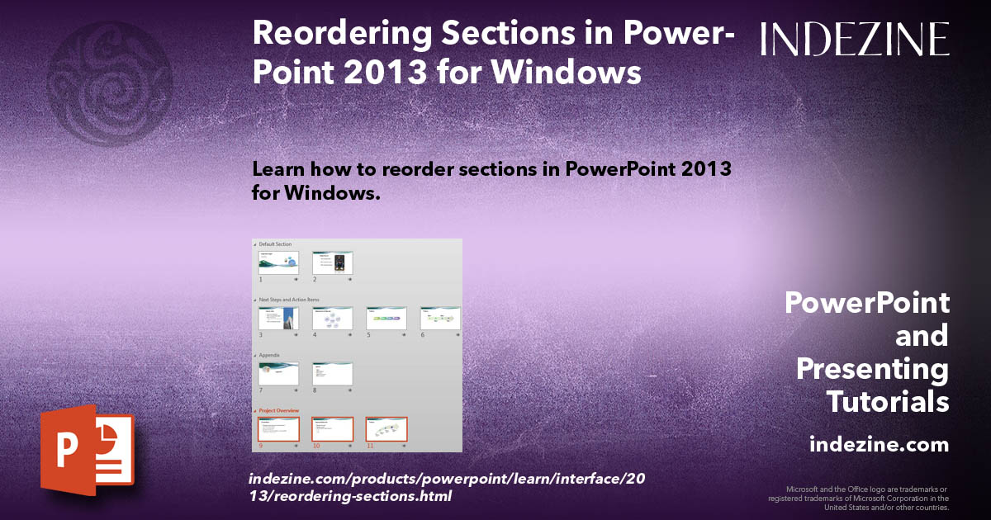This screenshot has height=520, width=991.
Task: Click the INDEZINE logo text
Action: [855, 39]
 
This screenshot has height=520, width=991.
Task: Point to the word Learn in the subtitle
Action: [278, 169]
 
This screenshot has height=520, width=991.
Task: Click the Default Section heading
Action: [274, 244]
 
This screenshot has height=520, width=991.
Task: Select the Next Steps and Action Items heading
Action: [289, 300]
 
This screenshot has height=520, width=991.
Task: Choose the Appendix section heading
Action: [269, 355]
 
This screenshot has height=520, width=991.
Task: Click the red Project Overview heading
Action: [278, 410]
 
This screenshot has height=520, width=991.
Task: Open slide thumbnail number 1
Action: [279, 263]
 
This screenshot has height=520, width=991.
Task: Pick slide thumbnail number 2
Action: [333, 263]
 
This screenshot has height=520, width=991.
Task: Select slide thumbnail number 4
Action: [333, 319]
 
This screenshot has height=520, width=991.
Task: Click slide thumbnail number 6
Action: [440, 319]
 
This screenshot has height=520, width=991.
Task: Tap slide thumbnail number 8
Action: [333, 374]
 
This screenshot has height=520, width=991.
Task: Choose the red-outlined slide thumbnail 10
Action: [333, 429]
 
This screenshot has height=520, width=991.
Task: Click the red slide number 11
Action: [370, 446]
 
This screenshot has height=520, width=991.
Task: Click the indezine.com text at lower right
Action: [879, 445]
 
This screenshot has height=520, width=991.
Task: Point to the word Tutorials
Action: [887, 402]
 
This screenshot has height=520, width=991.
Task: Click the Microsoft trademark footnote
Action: [858, 498]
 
